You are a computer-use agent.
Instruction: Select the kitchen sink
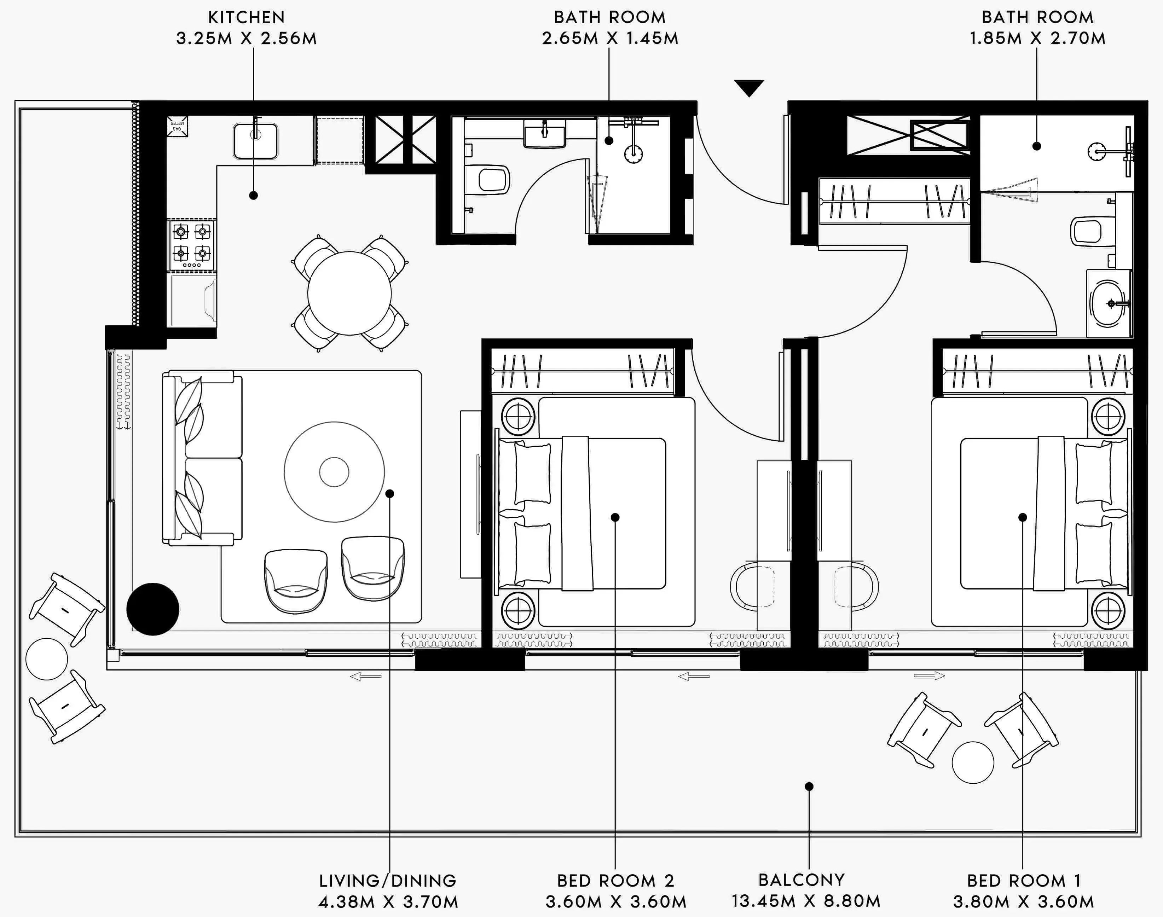(256, 141)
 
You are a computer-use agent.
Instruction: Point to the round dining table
(349, 293)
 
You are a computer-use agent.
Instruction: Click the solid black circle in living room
(152, 609)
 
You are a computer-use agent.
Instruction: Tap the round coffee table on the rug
(334, 472)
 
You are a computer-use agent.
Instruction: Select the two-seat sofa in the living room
(202, 457)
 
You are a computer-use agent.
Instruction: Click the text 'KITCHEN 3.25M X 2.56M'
(247, 28)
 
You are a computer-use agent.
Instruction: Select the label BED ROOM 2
(615, 881)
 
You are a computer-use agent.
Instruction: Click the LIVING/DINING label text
(388, 881)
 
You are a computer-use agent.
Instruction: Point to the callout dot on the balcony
(809, 787)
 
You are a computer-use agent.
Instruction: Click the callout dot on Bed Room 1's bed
(1022, 517)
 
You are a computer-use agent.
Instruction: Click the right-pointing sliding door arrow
(929, 676)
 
